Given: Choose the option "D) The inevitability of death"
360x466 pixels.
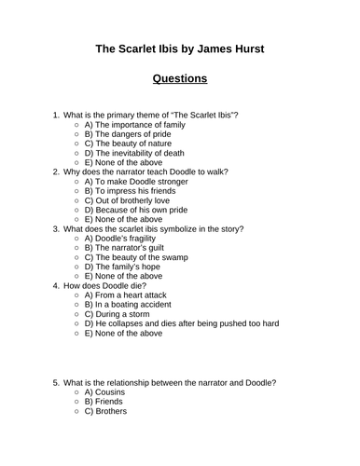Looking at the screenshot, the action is tap(133, 153).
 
